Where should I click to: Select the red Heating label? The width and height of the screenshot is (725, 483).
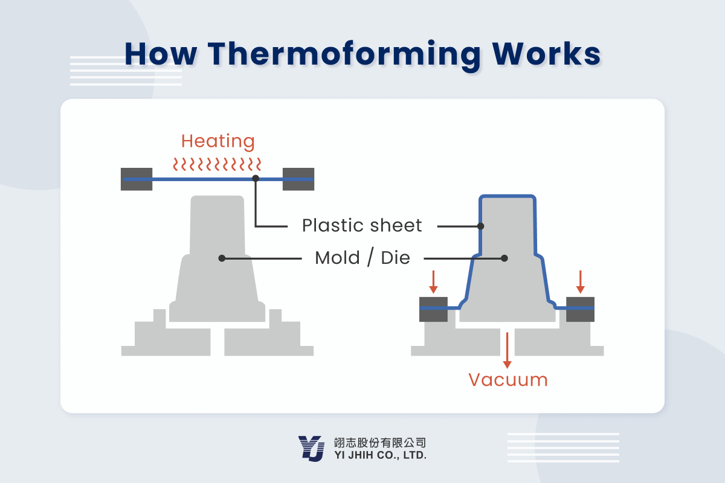(x=218, y=142)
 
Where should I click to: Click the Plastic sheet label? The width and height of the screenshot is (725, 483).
(x=362, y=226)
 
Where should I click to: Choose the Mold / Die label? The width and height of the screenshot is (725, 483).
(x=362, y=258)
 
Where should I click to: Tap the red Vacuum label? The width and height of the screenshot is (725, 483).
(x=508, y=380)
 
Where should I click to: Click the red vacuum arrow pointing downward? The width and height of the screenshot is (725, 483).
(x=507, y=350)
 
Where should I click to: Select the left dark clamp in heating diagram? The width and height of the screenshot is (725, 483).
(x=137, y=179)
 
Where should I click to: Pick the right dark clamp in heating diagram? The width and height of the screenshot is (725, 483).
(x=298, y=179)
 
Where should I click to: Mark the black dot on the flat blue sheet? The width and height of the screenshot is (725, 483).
(x=256, y=179)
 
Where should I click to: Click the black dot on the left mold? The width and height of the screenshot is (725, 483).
(x=222, y=258)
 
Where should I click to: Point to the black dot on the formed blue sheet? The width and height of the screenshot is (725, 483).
(x=481, y=226)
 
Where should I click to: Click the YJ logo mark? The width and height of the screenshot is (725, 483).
(x=312, y=449)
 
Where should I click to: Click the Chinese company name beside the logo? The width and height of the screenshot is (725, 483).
(x=380, y=442)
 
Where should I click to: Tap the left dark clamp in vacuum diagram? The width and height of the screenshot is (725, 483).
(x=433, y=309)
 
